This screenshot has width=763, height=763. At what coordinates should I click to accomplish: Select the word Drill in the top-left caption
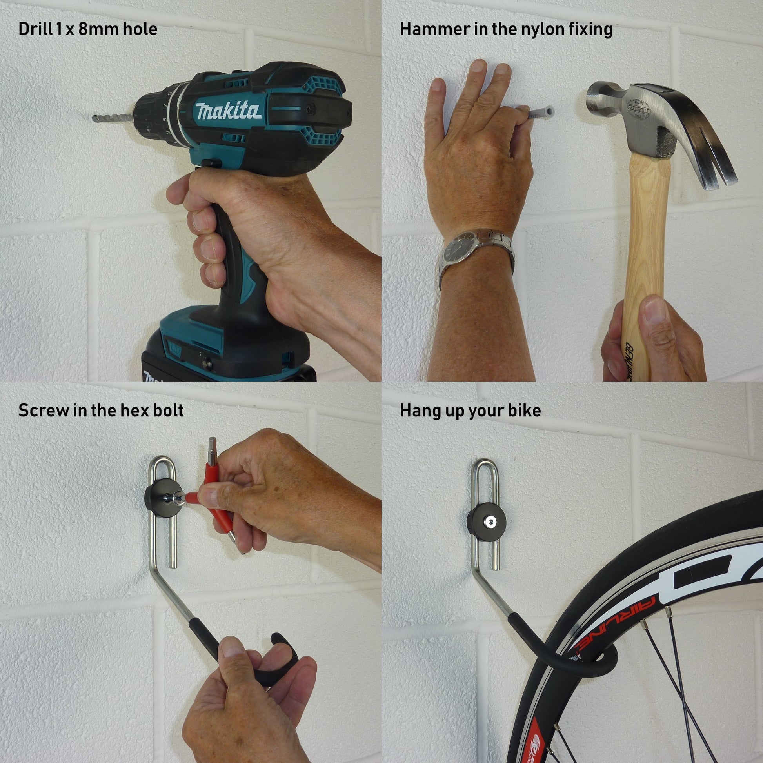35,29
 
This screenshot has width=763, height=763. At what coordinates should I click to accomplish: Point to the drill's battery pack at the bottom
221,356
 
